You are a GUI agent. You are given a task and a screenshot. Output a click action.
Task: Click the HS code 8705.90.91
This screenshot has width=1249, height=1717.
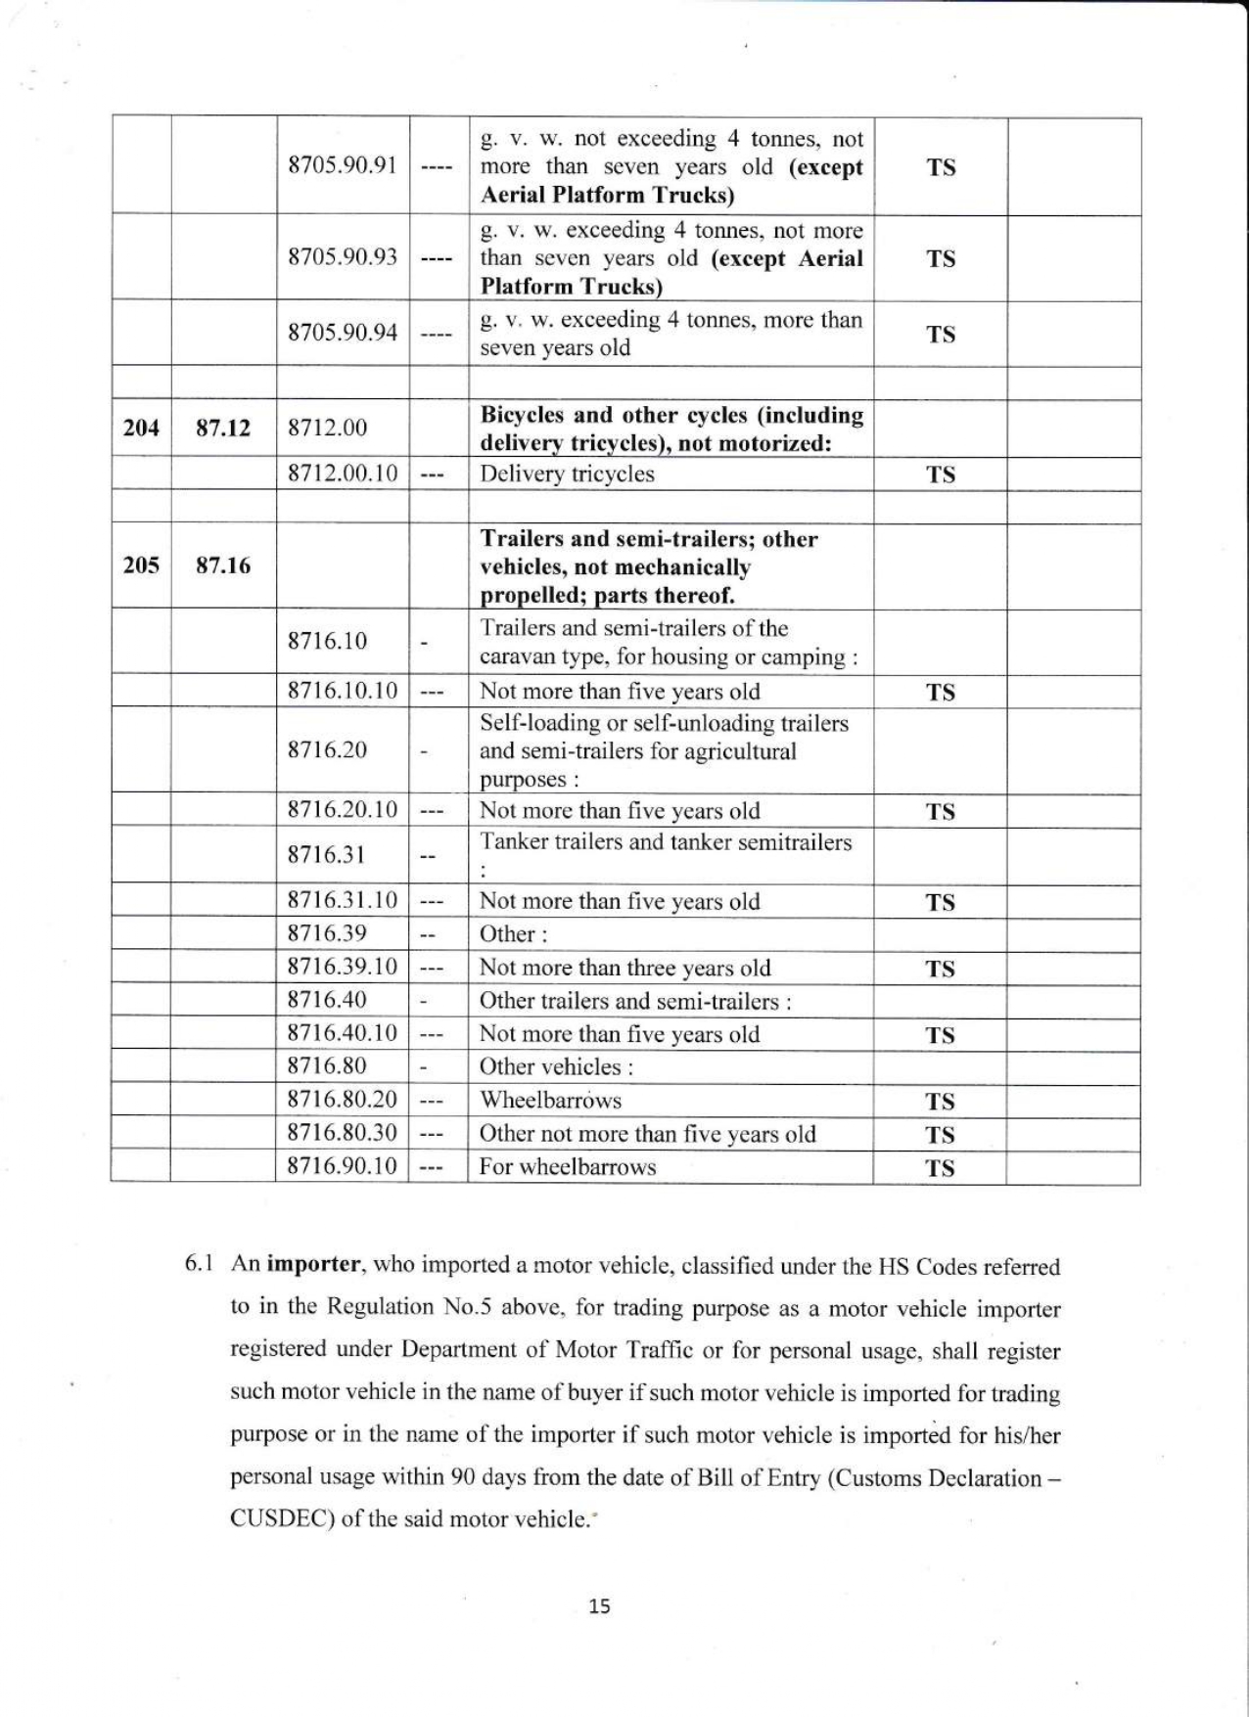342,164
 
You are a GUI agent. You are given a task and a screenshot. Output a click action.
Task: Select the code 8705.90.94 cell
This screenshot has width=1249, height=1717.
342,333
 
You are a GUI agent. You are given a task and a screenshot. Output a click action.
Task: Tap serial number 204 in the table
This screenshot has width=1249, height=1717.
141,428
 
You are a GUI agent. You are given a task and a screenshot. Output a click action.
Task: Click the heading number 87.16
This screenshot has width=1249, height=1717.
223,565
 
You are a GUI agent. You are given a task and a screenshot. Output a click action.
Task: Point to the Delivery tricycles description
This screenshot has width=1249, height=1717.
567,474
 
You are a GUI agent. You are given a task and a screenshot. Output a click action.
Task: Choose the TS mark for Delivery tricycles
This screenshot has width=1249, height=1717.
941,475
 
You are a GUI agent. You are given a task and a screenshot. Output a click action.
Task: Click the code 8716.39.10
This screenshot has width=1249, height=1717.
342,967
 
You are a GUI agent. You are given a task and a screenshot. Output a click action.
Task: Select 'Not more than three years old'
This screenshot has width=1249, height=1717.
624,969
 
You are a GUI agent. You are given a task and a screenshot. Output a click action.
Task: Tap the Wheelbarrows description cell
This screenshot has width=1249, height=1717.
550,1101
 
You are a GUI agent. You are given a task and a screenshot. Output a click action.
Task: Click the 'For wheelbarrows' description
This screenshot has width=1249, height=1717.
567,1167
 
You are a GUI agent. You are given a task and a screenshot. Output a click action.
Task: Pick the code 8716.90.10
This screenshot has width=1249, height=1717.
342,1166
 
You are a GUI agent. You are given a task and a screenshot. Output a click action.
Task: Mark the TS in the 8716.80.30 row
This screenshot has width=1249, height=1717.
940,1135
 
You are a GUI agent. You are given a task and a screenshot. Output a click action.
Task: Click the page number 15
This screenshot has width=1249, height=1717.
600,1605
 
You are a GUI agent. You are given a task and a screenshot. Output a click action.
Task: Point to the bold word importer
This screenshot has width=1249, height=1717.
314,1264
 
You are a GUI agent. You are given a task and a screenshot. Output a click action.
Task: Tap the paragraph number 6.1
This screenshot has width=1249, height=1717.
200,1264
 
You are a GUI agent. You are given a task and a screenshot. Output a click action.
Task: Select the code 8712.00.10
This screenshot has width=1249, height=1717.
342,474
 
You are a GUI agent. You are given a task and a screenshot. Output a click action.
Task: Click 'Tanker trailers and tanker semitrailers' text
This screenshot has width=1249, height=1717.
666,842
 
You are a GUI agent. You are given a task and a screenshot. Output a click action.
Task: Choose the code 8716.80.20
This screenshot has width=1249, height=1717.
342,1100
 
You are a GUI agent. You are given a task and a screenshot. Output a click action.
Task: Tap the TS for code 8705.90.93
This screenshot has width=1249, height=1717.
941,259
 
